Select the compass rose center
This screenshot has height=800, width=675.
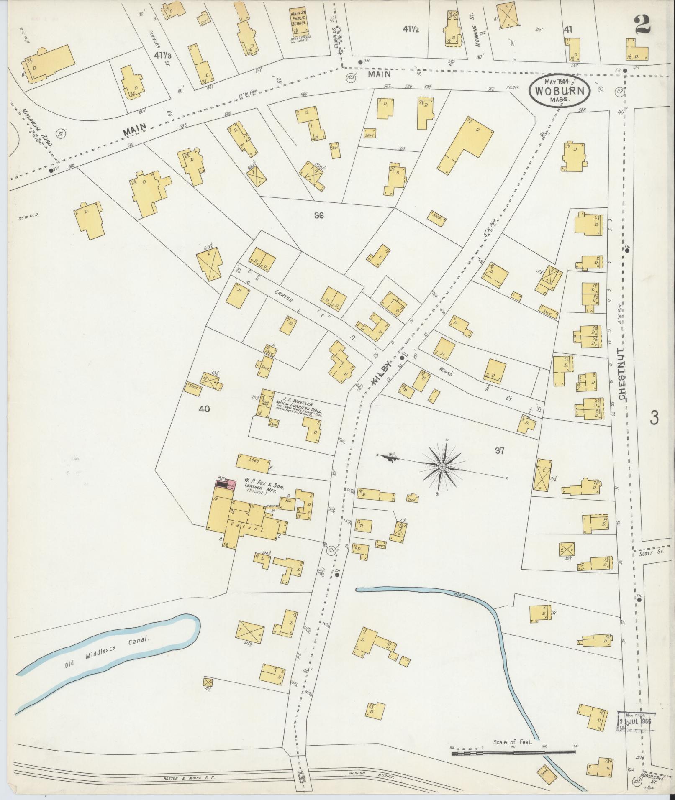442,465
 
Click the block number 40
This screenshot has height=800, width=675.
204,409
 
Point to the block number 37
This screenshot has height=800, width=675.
499,451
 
